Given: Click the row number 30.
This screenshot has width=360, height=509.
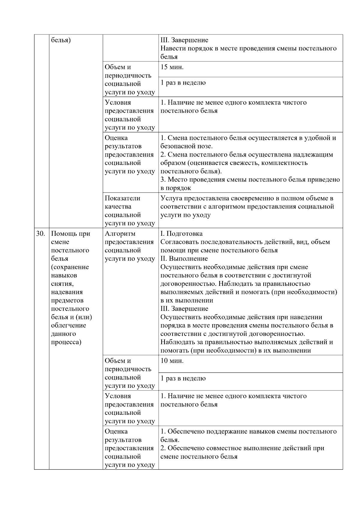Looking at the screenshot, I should click(41, 234).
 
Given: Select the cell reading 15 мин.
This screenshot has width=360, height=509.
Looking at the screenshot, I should click(172, 67).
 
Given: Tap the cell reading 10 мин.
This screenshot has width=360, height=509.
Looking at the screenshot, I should click(172, 361).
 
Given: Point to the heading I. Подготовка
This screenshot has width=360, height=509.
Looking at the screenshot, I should click(181, 234).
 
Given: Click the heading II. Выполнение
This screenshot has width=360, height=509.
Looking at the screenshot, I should click(184, 259).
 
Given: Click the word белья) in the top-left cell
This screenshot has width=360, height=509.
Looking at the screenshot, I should click(61, 40).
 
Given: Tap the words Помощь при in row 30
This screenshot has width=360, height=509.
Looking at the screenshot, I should click(70, 234).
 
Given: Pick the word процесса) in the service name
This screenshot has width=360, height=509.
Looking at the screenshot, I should click(66, 342).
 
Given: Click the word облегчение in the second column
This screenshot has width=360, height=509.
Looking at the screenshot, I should click(68, 325).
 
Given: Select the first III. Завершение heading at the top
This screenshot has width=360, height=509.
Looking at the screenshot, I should click(184, 40).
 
